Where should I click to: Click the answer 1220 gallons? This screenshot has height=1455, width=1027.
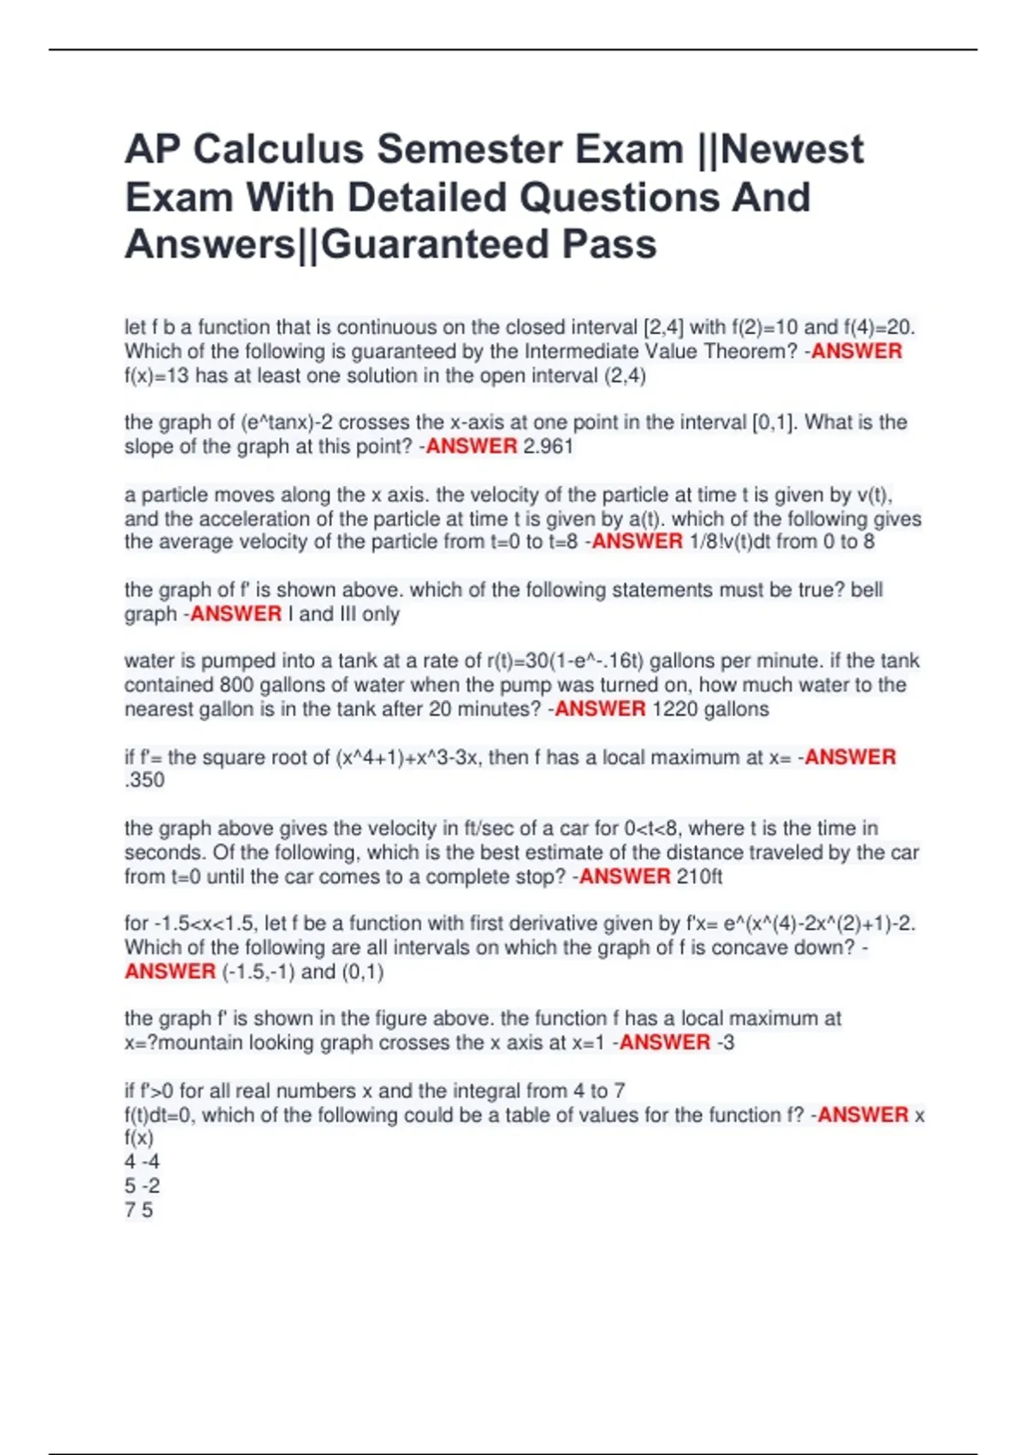point(710,709)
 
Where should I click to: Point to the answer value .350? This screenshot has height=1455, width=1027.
point(145,780)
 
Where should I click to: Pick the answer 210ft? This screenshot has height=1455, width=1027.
point(699,876)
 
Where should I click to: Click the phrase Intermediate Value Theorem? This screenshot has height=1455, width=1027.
point(661,351)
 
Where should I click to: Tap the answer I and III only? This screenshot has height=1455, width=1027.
point(344,614)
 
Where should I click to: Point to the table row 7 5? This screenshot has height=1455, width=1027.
point(139,1210)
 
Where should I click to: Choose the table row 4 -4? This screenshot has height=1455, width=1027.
point(142,1161)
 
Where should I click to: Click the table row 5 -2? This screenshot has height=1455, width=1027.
point(142,1185)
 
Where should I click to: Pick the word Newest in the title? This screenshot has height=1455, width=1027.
point(793,149)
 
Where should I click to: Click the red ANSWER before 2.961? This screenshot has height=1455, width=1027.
point(472,446)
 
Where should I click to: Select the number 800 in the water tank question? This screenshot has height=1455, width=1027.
point(237,685)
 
